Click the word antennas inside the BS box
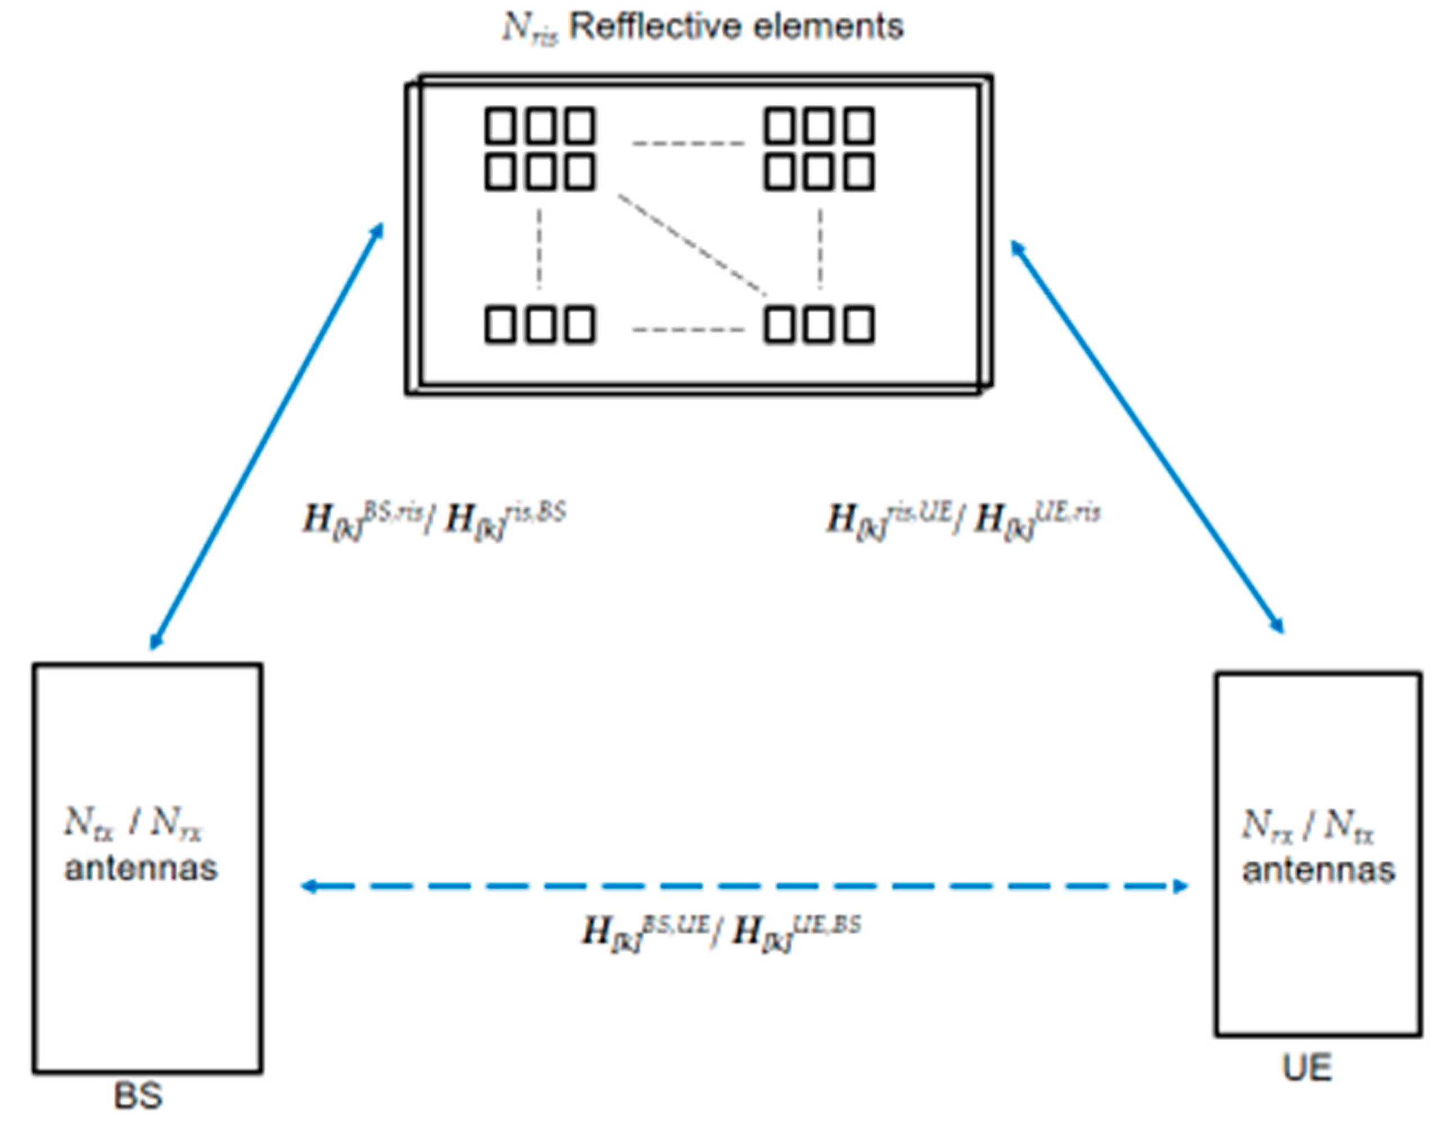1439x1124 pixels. tap(141, 868)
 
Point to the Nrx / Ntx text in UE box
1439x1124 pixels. tap(1309, 826)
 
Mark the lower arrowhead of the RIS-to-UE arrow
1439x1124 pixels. tap(1278, 624)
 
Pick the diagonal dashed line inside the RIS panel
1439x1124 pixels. tap(692, 244)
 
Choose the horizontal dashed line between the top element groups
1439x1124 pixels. tap(688, 143)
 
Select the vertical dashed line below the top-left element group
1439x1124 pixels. tap(540, 249)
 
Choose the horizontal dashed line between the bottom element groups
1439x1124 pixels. tap(688, 329)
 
